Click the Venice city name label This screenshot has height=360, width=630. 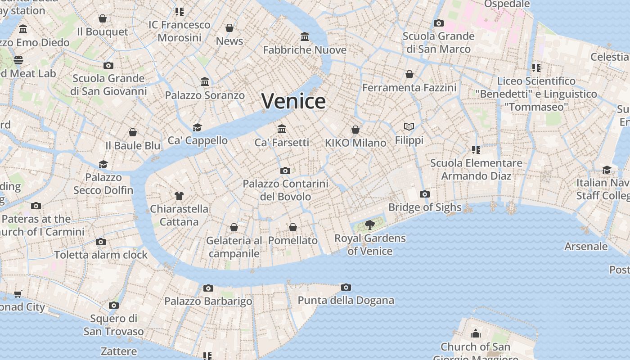click(293, 101)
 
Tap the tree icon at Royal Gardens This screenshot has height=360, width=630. click(370, 225)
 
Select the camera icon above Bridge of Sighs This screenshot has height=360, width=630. click(424, 194)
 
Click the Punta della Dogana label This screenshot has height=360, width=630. click(346, 300)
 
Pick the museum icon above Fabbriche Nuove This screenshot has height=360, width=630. click(305, 36)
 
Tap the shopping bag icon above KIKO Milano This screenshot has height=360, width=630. click(355, 130)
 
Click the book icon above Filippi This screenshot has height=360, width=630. click(409, 127)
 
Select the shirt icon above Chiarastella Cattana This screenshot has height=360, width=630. click(179, 195)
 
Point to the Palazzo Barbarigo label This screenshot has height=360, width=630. click(208, 301)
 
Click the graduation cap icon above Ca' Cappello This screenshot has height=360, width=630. click(197, 127)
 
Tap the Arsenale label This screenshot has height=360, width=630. click(586, 246)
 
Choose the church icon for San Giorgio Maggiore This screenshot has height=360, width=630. click(475, 333)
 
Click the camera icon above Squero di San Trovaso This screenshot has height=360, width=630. click(114, 306)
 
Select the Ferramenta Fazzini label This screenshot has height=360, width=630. click(409, 87)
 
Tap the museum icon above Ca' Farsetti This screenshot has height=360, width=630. click(282, 129)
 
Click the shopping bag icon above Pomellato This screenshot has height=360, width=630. click(293, 227)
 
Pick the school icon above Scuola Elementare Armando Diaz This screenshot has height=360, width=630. click(476, 149)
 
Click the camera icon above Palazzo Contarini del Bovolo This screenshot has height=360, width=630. click(285, 171)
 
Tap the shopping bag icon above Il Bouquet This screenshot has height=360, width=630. click(103, 18)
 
